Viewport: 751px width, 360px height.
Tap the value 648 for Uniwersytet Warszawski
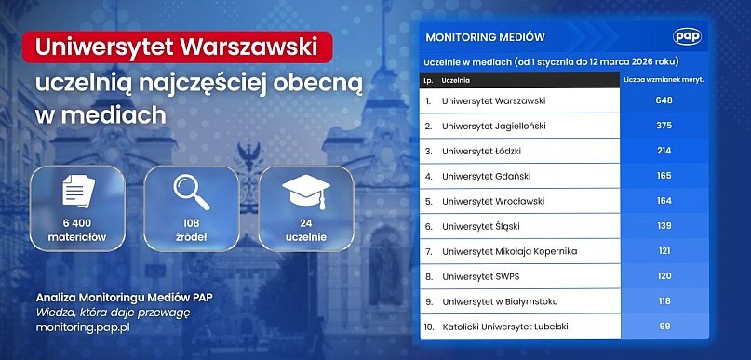[664, 100]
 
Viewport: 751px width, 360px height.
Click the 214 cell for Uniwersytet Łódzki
[664, 151]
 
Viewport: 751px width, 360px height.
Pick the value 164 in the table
[664, 201]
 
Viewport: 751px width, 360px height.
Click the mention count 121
[664, 251]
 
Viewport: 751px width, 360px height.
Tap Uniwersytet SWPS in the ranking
[481, 276]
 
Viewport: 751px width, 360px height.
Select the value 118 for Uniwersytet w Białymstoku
[664, 300]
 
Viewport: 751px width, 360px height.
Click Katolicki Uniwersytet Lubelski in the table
[504, 326]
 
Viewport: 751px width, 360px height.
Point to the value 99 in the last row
[664, 326]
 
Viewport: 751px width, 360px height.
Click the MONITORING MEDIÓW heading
[484, 38]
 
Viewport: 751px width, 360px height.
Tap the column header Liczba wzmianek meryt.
[664, 80]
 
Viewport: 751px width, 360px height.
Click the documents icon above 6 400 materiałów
[78, 193]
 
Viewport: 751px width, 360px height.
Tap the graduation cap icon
[305, 193]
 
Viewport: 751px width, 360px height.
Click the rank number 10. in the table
[428, 326]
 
